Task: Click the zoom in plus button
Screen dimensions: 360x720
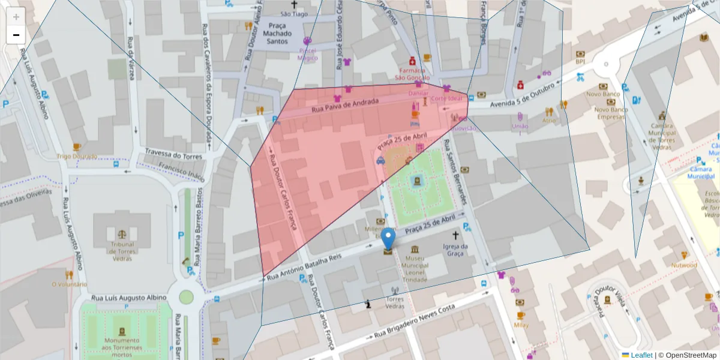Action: [x=16, y=17]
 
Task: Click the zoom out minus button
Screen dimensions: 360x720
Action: [x=16, y=35]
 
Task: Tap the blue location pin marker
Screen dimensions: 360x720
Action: [x=389, y=239]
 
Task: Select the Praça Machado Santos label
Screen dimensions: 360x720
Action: [x=277, y=34]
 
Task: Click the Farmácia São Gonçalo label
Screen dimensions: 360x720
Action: [x=412, y=74]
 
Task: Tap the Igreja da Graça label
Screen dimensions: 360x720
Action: [x=454, y=250]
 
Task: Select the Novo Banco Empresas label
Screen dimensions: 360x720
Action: [x=611, y=113]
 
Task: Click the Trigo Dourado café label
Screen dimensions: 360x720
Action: [x=76, y=156]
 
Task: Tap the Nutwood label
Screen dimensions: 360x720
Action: [x=684, y=265]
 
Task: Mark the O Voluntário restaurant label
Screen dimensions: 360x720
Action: [x=69, y=284]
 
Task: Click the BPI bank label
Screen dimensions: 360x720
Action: [x=580, y=61]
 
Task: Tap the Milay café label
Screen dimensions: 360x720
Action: [x=521, y=325]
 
